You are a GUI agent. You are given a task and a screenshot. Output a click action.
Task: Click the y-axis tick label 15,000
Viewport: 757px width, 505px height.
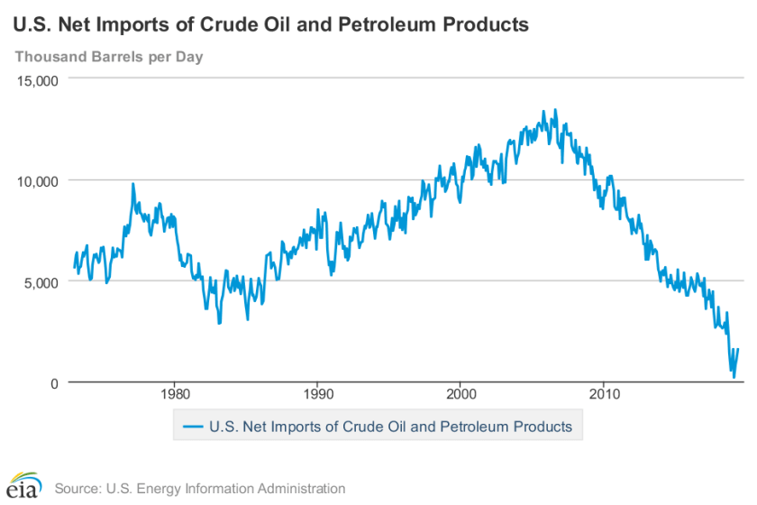click(38, 79)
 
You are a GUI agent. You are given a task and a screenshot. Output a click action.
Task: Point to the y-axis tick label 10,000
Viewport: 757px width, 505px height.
click(38, 180)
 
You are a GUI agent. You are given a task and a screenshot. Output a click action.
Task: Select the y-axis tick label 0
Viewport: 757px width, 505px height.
click(53, 382)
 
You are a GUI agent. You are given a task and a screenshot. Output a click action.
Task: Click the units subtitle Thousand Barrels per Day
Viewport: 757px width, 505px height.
click(108, 57)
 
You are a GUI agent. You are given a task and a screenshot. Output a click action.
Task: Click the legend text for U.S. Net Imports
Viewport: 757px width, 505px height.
click(390, 426)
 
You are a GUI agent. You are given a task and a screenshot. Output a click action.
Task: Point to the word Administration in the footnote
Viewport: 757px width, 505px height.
click(301, 489)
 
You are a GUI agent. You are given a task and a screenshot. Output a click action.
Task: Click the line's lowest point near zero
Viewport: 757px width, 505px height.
click(734, 377)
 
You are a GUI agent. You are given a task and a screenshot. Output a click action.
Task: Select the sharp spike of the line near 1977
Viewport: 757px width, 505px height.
click(133, 184)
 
